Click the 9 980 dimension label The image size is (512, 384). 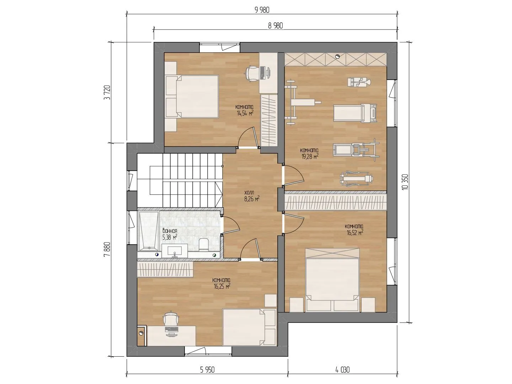tap(262, 10)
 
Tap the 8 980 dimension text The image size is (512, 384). tap(276, 26)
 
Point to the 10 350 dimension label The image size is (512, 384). tap(406, 182)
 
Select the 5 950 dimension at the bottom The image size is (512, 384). tap(207, 369)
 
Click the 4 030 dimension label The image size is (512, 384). tap(342, 369)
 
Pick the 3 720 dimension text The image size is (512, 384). tap(107, 92)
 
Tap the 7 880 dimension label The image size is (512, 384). tap(107, 250)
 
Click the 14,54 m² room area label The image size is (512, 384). tap(245, 113)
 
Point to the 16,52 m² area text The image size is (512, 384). tap(355, 233)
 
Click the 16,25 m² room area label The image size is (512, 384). tap(222, 286)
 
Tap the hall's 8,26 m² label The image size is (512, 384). tap(252, 199)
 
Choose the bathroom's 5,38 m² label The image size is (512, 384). tap(170, 238)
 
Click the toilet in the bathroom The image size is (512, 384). tap(204, 245)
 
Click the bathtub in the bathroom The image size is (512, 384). tap(149, 231)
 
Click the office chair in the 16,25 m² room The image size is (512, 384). tap(171, 318)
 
